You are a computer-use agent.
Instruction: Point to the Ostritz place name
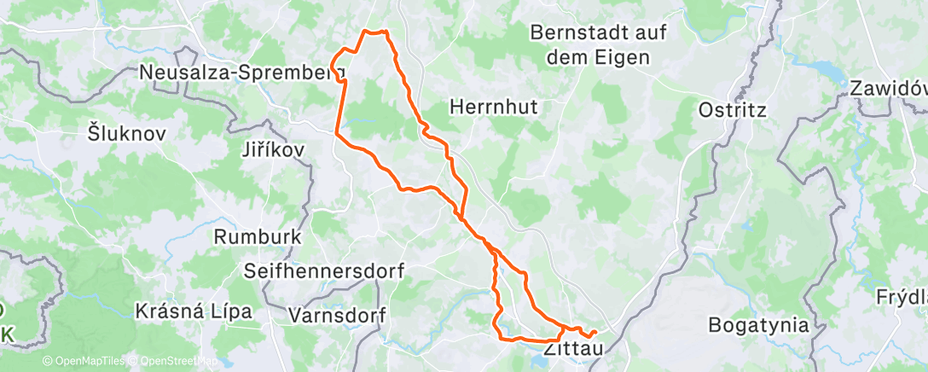(733, 110)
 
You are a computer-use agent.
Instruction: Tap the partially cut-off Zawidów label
(888, 88)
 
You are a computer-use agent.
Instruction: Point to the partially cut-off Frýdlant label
(902, 298)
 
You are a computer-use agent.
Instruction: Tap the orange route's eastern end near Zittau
(594, 330)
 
